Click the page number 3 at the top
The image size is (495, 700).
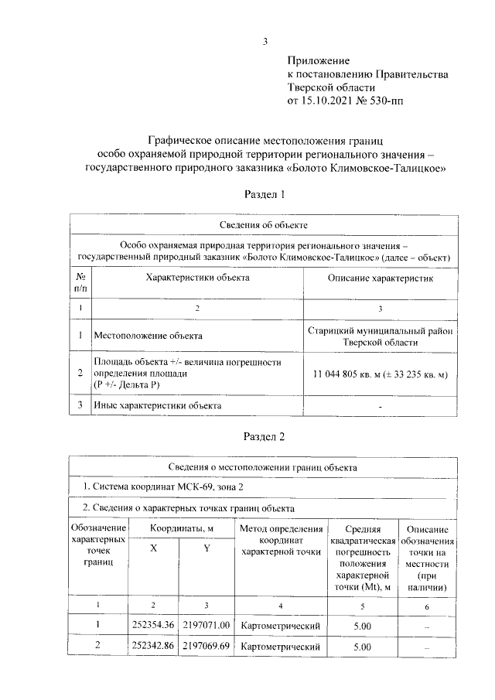click(x=265, y=43)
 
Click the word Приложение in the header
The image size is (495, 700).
click(x=319, y=60)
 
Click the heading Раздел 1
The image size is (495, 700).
click(x=265, y=196)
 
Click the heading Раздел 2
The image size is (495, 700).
click(x=265, y=437)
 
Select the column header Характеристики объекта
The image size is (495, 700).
click(x=197, y=277)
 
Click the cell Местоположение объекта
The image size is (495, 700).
click(x=148, y=336)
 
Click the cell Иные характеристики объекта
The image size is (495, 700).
click(x=157, y=405)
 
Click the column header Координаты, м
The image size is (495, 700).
click(x=181, y=528)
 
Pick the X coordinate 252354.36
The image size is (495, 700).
click(x=154, y=624)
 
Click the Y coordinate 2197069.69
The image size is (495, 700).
click(x=207, y=645)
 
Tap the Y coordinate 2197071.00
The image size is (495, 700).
click(x=207, y=624)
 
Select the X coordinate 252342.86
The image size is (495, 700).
click(x=154, y=645)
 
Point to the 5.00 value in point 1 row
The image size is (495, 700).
click(x=362, y=624)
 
